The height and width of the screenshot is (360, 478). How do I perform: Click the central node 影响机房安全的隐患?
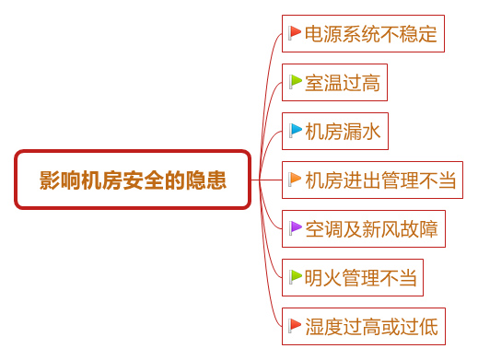tap(133, 180)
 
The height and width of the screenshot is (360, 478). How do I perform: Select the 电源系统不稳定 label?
tap(370, 35)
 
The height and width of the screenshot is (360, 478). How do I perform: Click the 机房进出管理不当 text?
tap(380, 180)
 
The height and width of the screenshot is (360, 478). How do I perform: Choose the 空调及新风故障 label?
tap(371, 227)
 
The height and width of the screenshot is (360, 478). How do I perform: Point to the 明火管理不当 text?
tap(362, 275)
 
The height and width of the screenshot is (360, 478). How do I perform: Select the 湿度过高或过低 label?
tap(371, 325)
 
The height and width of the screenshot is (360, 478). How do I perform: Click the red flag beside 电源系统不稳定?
tap(295, 34)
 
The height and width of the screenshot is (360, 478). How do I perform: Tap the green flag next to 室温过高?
tap(295, 82)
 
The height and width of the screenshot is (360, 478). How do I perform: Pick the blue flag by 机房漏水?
tap(295, 130)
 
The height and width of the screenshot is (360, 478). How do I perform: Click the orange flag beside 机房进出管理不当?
tap(295, 179)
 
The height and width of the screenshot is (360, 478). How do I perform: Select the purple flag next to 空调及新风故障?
tap(295, 226)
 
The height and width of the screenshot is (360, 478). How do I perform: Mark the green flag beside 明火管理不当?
tap(295, 274)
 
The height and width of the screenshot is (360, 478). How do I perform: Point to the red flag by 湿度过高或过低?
tap(295, 324)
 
